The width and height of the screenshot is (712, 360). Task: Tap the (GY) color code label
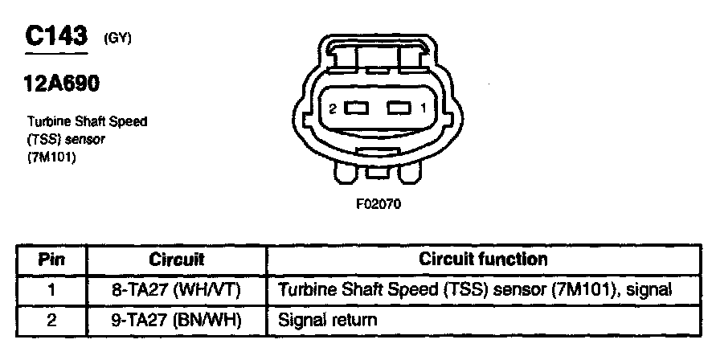point(117,38)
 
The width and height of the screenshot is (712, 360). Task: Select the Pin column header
point(51,260)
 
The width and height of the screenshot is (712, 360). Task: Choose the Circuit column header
point(177,260)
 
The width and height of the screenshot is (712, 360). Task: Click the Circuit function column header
point(483,260)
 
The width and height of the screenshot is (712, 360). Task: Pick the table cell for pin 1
point(51,288)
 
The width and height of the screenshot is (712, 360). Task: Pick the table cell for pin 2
point(51,320)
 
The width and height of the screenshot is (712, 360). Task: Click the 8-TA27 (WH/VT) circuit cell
point(177,288)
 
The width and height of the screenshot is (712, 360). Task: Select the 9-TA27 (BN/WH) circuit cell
point(177,320)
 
